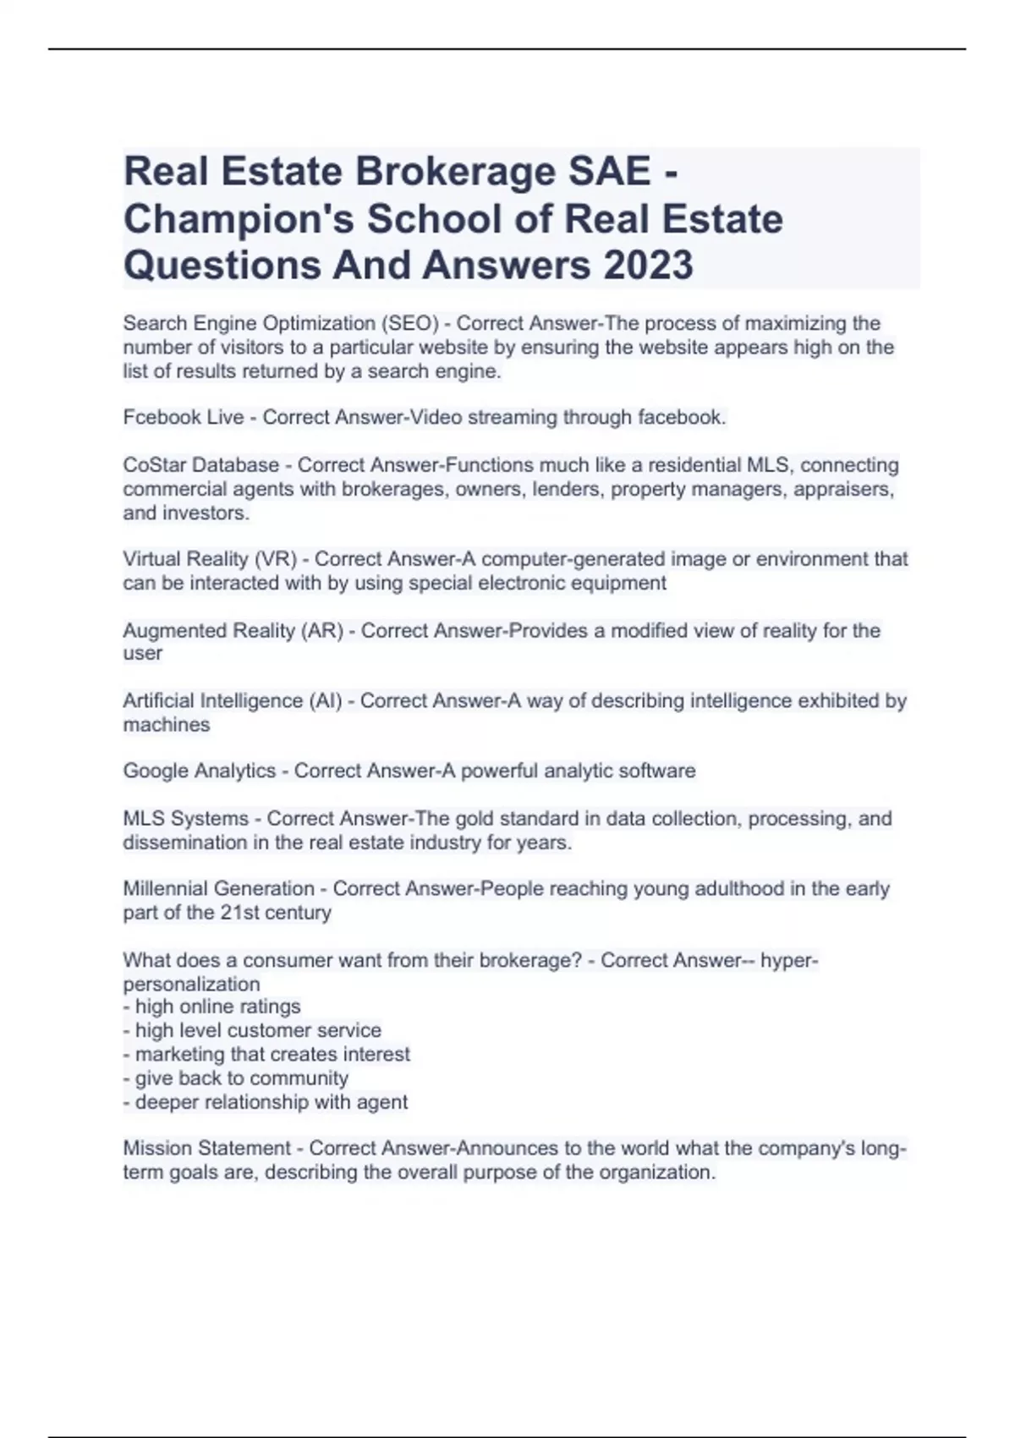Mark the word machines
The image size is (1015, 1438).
coord(166,725)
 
